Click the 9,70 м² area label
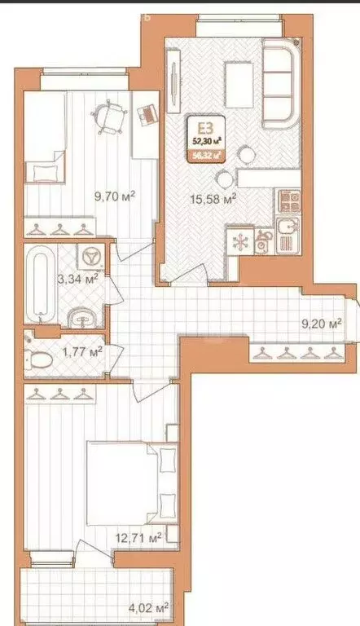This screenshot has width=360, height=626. [114, 196]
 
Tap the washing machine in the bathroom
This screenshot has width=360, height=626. [89, 256]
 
